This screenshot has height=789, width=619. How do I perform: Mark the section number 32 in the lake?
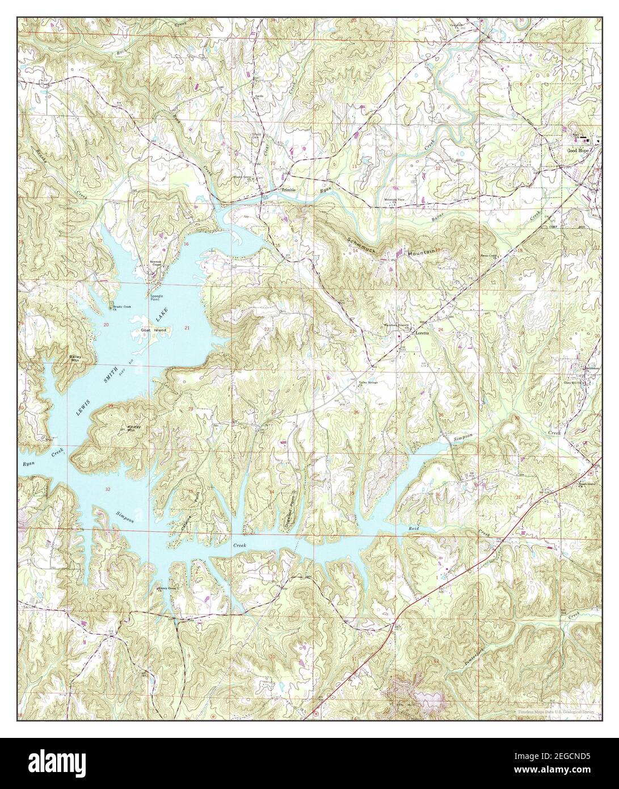108,489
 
